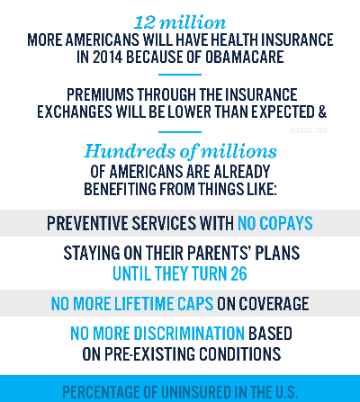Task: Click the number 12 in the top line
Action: (x=144, y=22)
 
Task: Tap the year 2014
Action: (x=107, y=57)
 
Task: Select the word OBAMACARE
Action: (x=245, y=57)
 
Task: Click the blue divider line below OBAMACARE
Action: (x=180, y=75)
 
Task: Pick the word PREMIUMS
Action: (x=100, y=94)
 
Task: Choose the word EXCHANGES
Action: (x=75, y=112)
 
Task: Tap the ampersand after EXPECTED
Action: (x=322, y=112)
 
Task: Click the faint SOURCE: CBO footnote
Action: (x=309, y=130)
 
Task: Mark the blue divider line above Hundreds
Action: (x=180, y=132)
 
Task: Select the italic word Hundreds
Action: (x=130, y=151)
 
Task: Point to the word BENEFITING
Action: (x=121, y=189)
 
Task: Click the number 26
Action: (x=238, y=273)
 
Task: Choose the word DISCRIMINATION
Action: (x=189, y=334)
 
